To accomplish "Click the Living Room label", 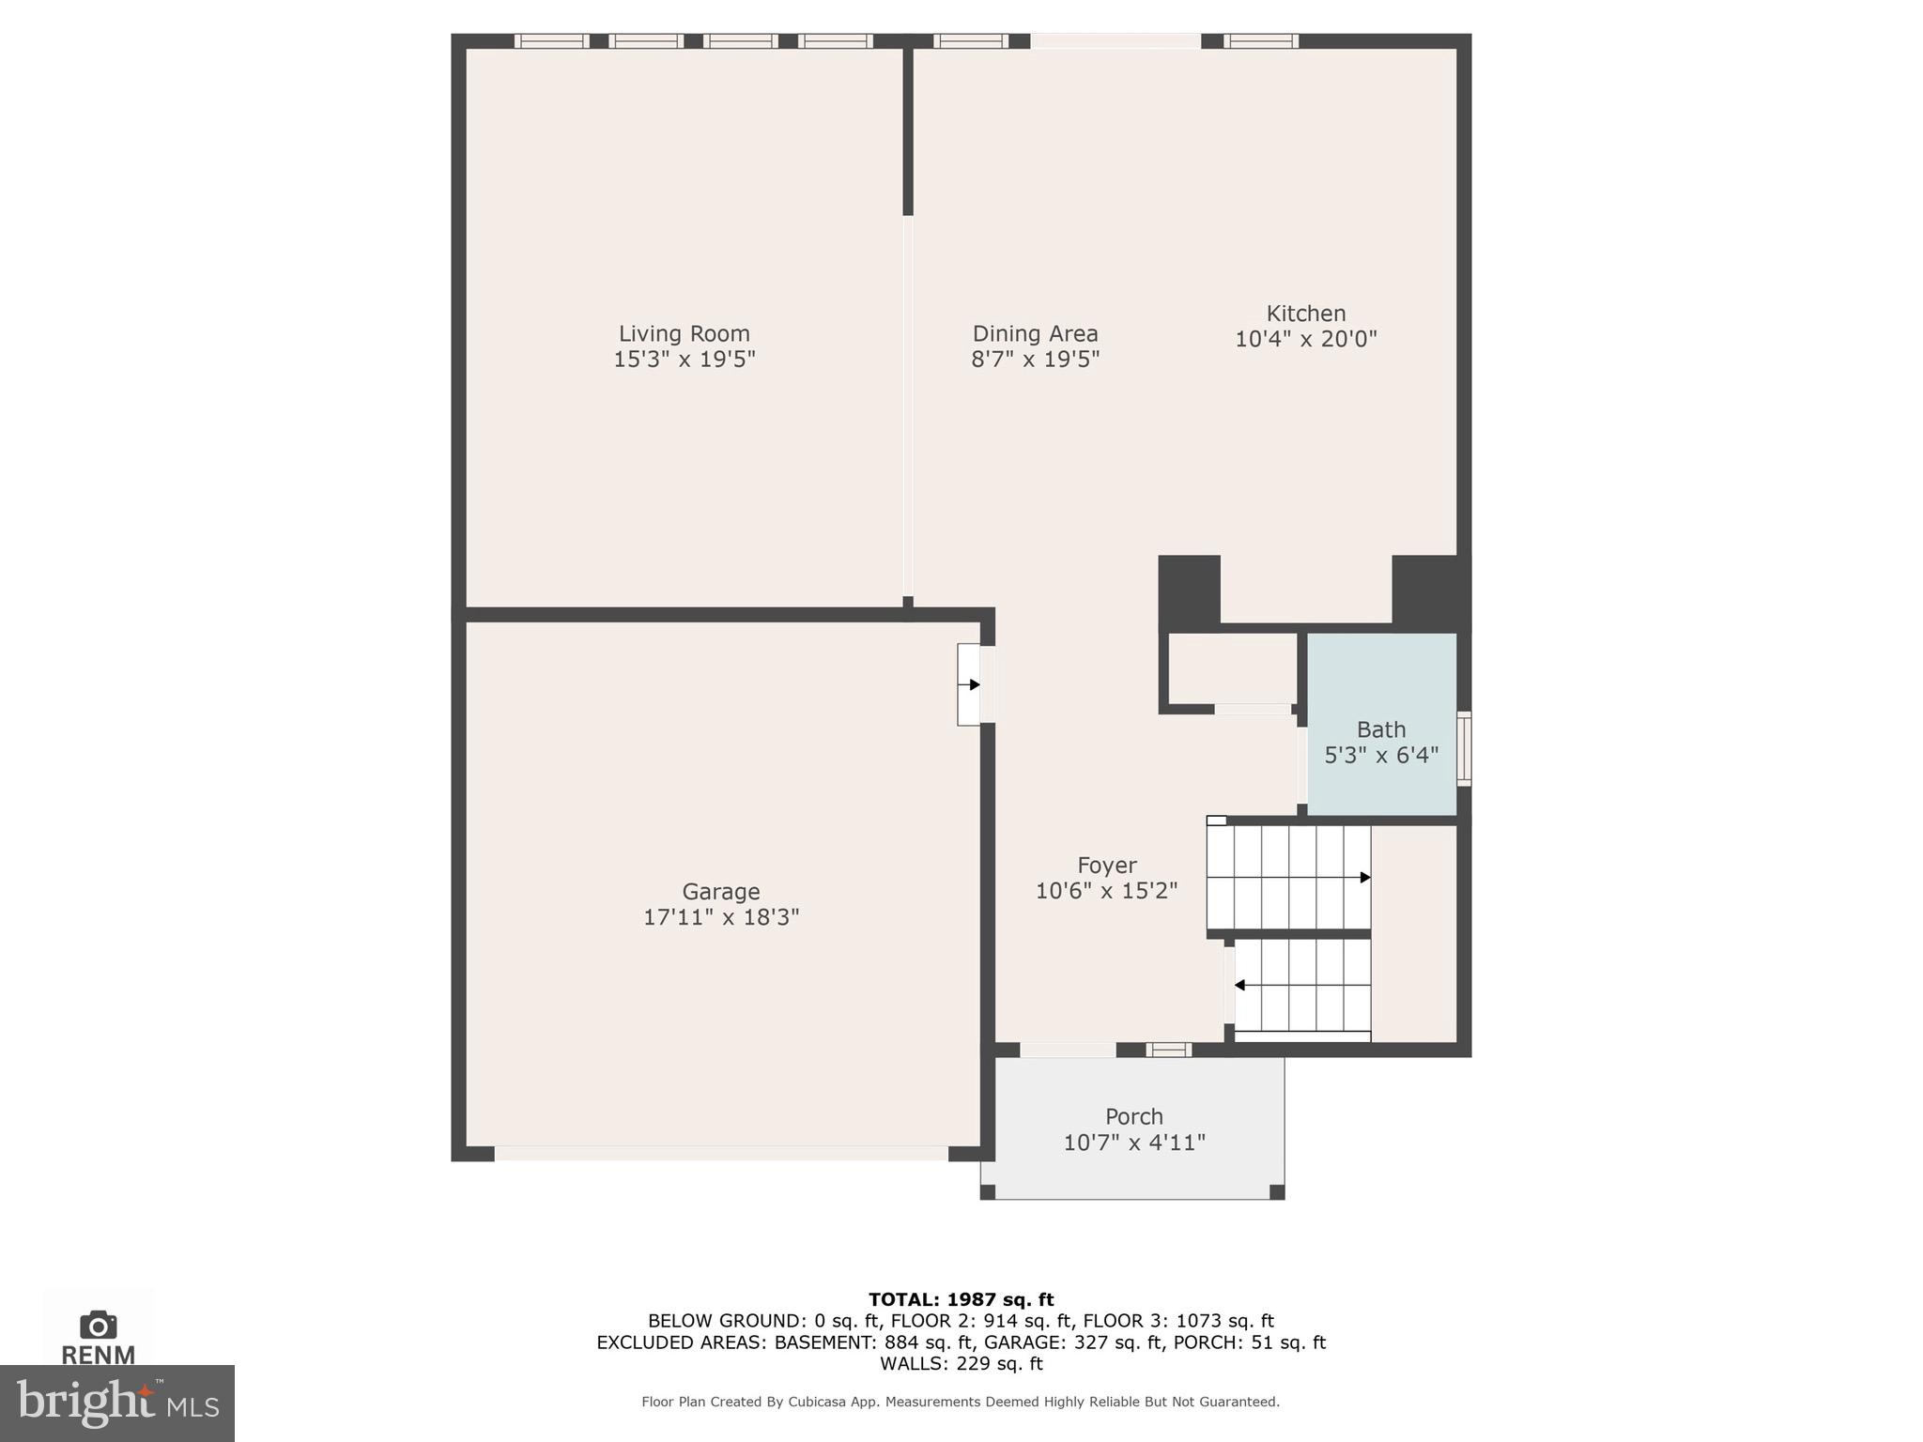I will (x=684, y=333).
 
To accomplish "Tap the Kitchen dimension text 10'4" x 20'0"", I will (x=1305, y=339).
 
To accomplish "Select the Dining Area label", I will (x=1035, y=333).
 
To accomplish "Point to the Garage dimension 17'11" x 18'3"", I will (x=720, y=917).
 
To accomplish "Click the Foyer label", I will (x=1106, y=865).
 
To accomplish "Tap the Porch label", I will (x=1133, y=1116).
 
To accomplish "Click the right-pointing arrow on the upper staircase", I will (x=1364, y=878).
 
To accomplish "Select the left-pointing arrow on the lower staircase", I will (x=1240, y=985).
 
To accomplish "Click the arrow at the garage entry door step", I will (x=974, y=684).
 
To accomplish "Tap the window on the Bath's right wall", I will (x=1463, y=748).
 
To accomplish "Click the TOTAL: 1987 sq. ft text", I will (x=961, y=1299).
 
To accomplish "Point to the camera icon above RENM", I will (x=98, y=1325).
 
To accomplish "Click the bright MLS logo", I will (x=117, y=1403).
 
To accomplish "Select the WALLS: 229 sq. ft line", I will (x=961, y=1363).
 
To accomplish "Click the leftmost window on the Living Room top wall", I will (x=551, y=41).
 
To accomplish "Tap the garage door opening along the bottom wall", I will (x=720, y=1153).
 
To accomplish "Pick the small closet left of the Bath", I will (x=1231, y=668).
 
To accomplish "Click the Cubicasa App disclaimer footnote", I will (x=960, y=1402).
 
